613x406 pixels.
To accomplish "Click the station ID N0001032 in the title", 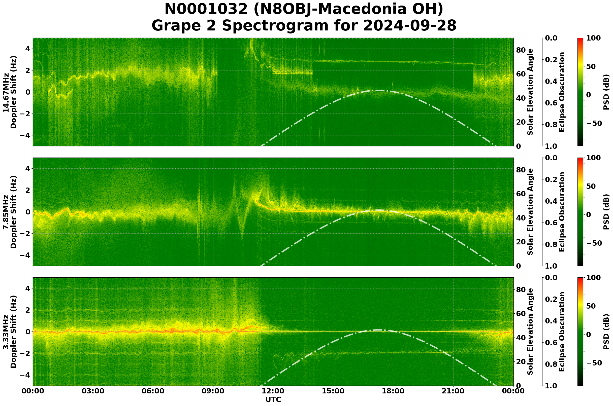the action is pyautogui.click(x=206, y=9).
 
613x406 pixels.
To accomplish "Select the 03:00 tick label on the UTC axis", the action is pyautogui.click(x=93, y=391).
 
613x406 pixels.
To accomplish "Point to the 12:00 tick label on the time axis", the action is pyautogui.click(x=273, y=391).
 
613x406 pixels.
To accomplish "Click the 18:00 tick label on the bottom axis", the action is pyautogui.click(x=393, y=391).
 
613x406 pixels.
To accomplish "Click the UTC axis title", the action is pyautogui.click(x=273, y=399).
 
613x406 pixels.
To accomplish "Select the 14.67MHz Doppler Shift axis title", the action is pyautogui.click(x=10, y=92).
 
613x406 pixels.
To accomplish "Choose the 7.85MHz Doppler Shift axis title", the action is pyautogui.click(x=10, y=212).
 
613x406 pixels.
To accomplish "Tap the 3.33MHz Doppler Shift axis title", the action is pyautogui.click(x=10, y=332).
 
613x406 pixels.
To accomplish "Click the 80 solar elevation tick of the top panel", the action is pyautogui.click(x=521, y=50).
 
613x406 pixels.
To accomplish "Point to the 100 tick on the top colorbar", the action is pyautogui.click(x=593, y=38).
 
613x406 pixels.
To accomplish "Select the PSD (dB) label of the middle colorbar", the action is pyautogui.click(x=606, y=212).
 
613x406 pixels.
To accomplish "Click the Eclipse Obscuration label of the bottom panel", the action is pyautogui.click(x=562, y=332).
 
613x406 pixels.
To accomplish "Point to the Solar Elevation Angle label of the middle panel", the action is pyautogui.click(x=530, y=212).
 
